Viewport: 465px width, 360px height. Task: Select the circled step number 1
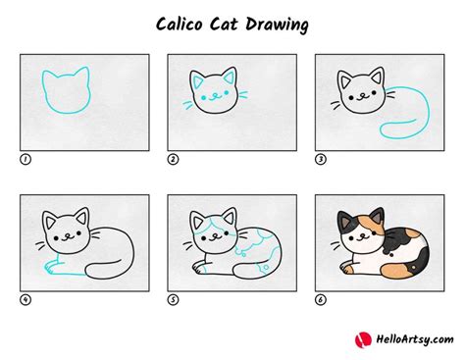coord(25,158)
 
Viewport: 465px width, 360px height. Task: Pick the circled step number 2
coord(173,158)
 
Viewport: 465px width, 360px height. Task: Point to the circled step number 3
coord(320,158)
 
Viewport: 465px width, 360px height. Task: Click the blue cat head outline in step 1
coord(65,90)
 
